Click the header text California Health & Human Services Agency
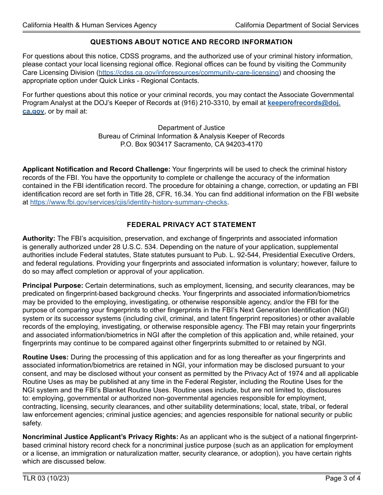[90, 25]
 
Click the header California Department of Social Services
[297, 25]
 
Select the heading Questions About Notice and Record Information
[191, 42]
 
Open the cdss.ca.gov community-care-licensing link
[189, 72]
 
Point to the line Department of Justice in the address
[191, 128]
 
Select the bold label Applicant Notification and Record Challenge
[96, 169]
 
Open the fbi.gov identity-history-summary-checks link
[129, 202]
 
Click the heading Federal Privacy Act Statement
[191, 225]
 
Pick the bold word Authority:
[39, 239]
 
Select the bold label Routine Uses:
[46, 357]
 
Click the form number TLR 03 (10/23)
[43, 479]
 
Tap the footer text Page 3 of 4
[343, 479]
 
